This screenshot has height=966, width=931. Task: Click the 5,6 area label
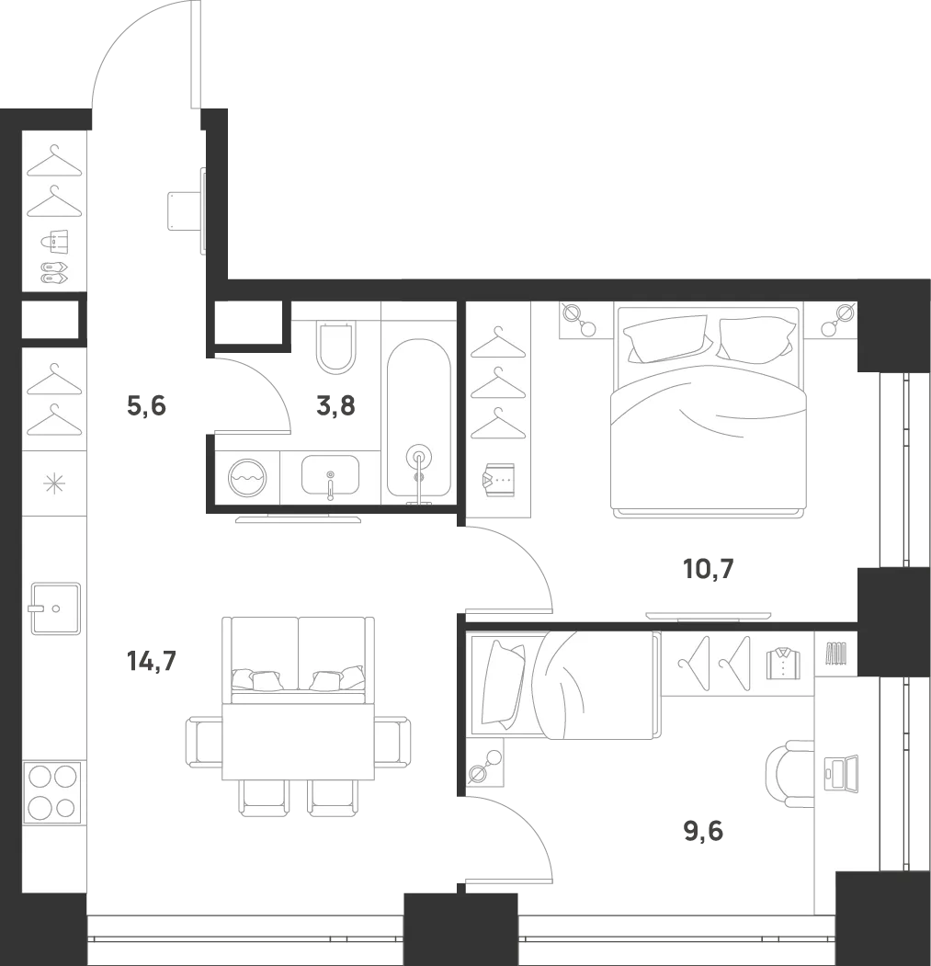tap(147, 406)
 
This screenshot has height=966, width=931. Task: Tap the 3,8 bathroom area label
tap(335, 406)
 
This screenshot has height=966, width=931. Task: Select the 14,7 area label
tap(152, 661)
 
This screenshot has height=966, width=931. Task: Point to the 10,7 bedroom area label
tap(709, 569)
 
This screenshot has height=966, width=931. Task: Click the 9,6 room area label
tap(703, 831)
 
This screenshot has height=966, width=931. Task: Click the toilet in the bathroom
tap(335, 347)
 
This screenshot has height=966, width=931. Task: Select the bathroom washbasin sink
tap(330, 475)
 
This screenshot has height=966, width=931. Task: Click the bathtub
tap(419, 417)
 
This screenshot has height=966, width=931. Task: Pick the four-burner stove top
tap(52, 792)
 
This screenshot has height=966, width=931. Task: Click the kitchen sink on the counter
tap(55, 608)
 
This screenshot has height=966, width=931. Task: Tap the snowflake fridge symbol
tap(54, 483)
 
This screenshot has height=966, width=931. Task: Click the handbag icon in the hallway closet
tap(55, 242)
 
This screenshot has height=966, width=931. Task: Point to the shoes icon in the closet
tap(54, 272)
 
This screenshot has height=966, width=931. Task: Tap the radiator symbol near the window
tap(836, 653)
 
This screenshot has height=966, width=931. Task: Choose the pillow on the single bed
tap(504, 683)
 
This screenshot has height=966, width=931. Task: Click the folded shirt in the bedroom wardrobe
tap(498, 480)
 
